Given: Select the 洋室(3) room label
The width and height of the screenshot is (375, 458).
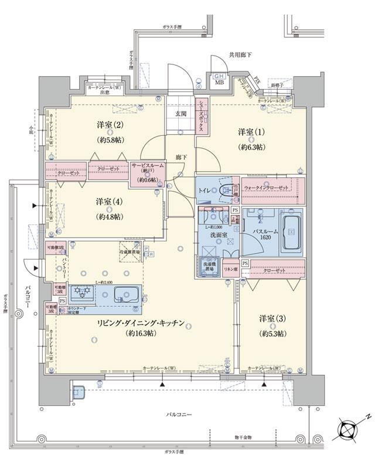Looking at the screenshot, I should point(272,319).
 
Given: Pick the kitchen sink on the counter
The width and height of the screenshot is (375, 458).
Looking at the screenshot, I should point(124,293).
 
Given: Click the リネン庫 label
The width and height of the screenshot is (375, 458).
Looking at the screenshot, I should point(230,269).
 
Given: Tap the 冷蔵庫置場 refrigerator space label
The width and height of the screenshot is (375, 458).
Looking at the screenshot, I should point(131,251).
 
